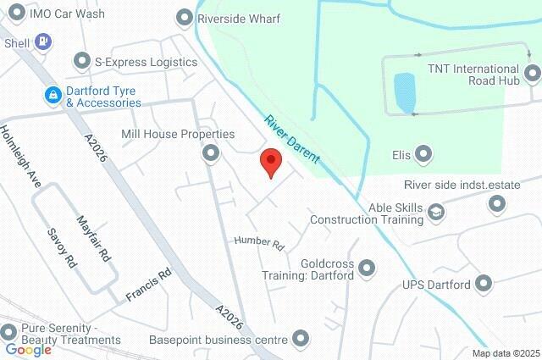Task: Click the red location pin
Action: (270, 161)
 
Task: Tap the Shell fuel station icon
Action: (44, 41)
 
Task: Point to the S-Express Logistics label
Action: (146, 62)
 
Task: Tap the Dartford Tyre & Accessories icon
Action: (53, 94)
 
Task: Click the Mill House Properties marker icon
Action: (210, 153)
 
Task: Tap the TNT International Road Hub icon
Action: (532, 75)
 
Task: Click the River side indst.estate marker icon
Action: (497, 203)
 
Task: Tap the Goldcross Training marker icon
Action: (367, 269)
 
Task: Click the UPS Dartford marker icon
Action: (484, 284)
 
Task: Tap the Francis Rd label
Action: (149, 285)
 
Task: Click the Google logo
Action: (28, 350)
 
